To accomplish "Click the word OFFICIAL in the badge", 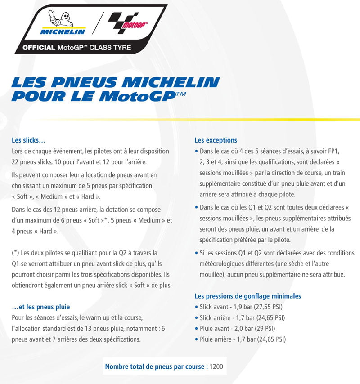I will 39,47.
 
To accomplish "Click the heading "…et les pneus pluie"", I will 41,307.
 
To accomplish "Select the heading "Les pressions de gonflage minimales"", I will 247,296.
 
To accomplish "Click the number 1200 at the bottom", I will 216,366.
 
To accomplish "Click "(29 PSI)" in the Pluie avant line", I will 266,329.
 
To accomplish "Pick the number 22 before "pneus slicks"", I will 16,162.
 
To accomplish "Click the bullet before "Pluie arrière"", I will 196,339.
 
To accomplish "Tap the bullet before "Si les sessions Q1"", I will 196,253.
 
